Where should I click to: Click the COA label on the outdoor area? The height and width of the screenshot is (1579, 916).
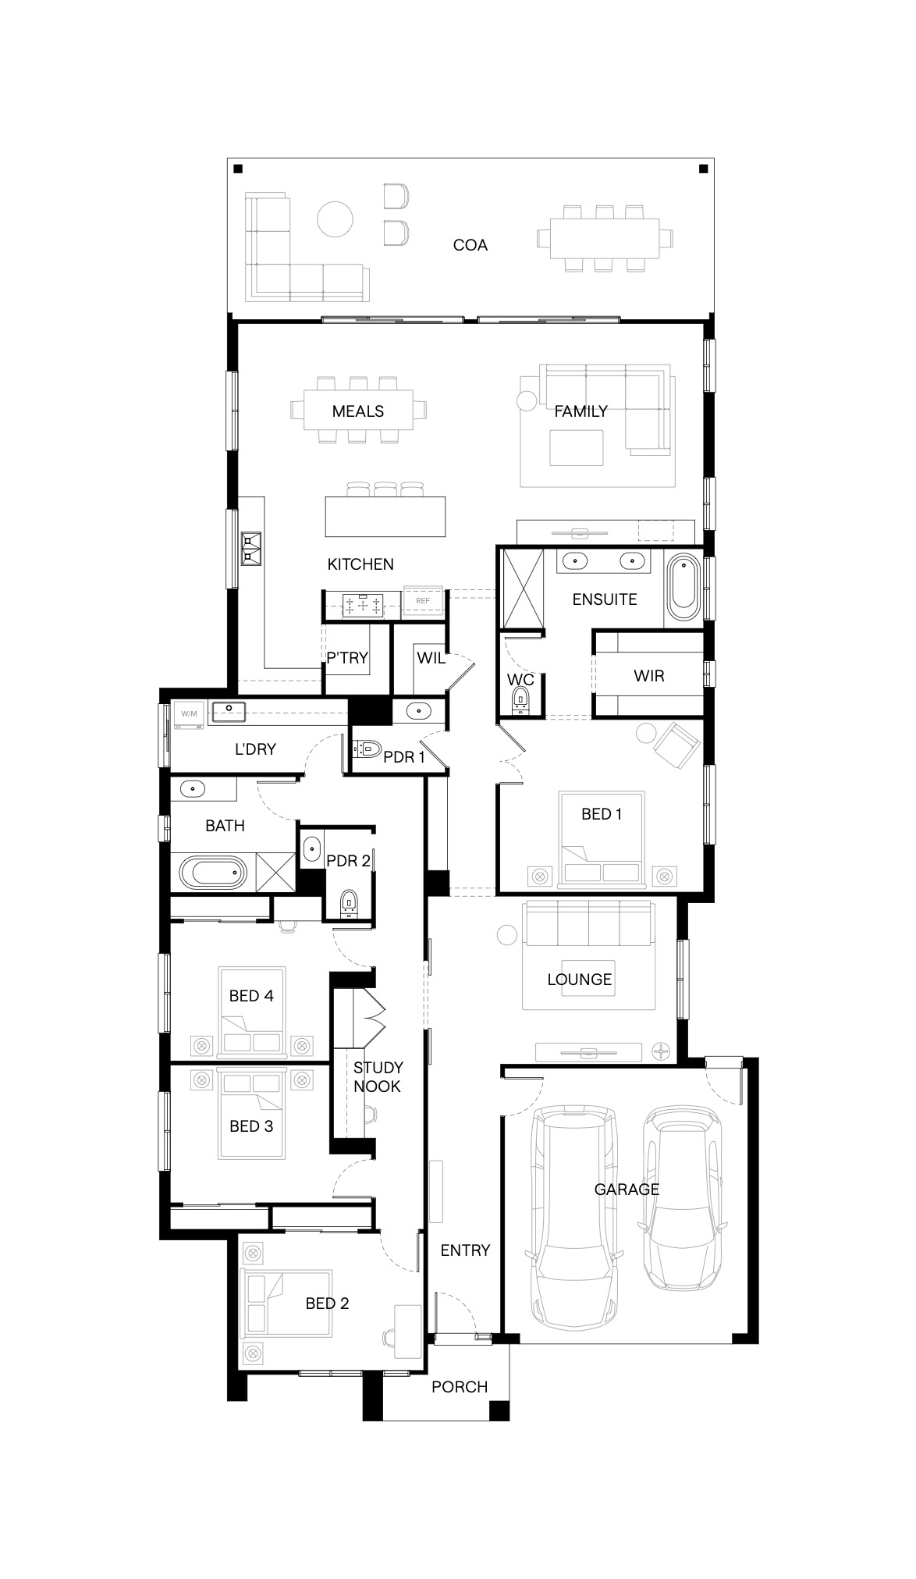(470, 245)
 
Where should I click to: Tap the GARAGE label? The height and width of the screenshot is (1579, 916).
(627, 1190)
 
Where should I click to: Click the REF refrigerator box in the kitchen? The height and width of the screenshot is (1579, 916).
(423, 601)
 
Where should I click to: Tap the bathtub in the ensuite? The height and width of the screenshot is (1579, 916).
(684, 585)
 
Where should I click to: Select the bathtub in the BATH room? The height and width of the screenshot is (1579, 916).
(212, 873)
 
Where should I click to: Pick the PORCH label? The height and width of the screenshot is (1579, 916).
(460, 1387)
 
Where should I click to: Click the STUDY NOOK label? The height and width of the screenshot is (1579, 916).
(378, 1077)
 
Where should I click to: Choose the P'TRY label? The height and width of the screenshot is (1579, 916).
(347, 658)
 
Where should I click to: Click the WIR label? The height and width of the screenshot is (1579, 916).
(649, 676)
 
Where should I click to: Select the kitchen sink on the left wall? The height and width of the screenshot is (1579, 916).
(252, 549)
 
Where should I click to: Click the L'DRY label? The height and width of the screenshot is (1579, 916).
(255, 749)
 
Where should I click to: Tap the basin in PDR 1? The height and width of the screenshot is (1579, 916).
(419, 710)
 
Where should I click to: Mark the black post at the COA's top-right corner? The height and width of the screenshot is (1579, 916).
(702, 168)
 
